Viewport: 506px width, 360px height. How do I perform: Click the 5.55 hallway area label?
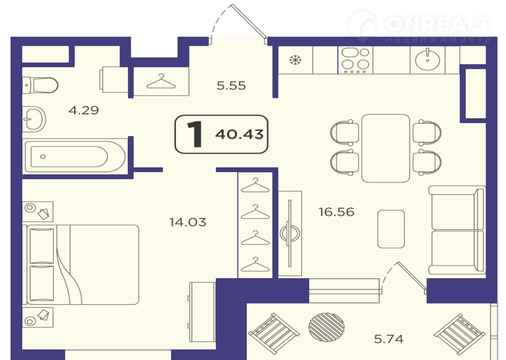pos(231,86)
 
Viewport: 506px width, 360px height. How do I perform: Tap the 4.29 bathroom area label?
pos(83,110)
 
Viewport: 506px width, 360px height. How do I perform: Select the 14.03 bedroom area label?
pos(188,222)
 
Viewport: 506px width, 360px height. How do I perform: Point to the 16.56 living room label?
pos(336,212)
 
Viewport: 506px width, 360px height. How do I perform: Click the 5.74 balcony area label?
pos(389,339)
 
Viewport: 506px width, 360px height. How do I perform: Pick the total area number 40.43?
pos(239,135)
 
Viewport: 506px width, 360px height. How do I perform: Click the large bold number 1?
pos(194,134)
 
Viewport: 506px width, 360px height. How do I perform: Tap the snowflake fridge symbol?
pos(295,60)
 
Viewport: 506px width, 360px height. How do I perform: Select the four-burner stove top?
pos(355,60)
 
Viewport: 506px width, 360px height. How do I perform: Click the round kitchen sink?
pos(428,60)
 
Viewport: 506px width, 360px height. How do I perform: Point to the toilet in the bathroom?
pos(40,85)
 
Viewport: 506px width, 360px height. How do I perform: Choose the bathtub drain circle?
pos(43,157)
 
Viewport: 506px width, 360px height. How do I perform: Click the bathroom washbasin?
pos(34,119)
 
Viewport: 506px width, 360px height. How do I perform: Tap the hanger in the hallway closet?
pos(161,81)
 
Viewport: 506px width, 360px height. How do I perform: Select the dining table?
pos(385,148)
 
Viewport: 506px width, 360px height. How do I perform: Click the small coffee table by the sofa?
pos(391,229)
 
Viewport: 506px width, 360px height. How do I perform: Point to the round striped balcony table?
pos(327,327)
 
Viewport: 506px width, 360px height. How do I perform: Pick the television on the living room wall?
pos(290,233)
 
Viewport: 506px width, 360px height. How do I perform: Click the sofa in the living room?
pos(457,230)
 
